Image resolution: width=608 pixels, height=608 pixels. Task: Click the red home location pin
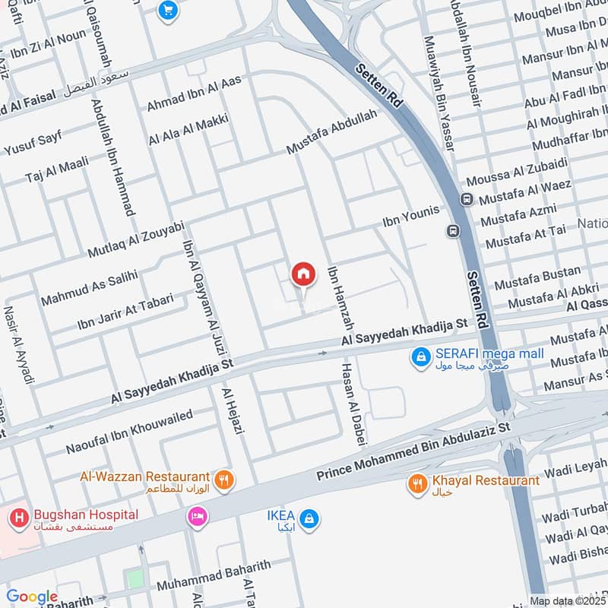(x=303, y=274)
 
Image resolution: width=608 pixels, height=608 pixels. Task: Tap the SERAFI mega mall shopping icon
(x=420, y=356)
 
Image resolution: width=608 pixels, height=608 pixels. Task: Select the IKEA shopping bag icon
(x=309, y=519)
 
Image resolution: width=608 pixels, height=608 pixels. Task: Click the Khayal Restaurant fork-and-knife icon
(x=417, y=483)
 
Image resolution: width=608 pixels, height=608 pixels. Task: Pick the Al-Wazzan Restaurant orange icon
(x=223, y=480)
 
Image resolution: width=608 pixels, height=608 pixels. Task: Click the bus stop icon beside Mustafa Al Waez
(x=466, y=200)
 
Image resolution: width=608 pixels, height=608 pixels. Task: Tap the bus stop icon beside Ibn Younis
(x=454, y=230)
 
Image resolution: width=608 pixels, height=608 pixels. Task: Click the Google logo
(x=32, y=597)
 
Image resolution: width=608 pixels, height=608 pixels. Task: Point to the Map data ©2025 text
(x=567, y=600)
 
